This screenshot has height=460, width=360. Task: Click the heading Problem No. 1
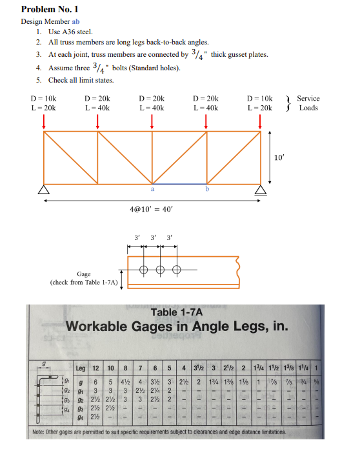(49, 9)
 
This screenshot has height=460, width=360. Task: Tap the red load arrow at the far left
(43, 123)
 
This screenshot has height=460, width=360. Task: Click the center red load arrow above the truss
(152, 123)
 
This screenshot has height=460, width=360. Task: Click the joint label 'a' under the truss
(152, 190)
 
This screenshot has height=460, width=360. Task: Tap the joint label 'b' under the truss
(206, 190)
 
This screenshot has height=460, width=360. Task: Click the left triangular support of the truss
(43, 189)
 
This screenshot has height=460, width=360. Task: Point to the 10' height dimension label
(279, 157)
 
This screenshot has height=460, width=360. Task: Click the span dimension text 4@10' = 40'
(152, 209)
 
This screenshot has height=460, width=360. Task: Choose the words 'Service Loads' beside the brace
(308, 103)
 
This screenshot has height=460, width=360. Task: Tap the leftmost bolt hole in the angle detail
(143, 270)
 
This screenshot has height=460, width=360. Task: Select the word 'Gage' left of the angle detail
(83, 274)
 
